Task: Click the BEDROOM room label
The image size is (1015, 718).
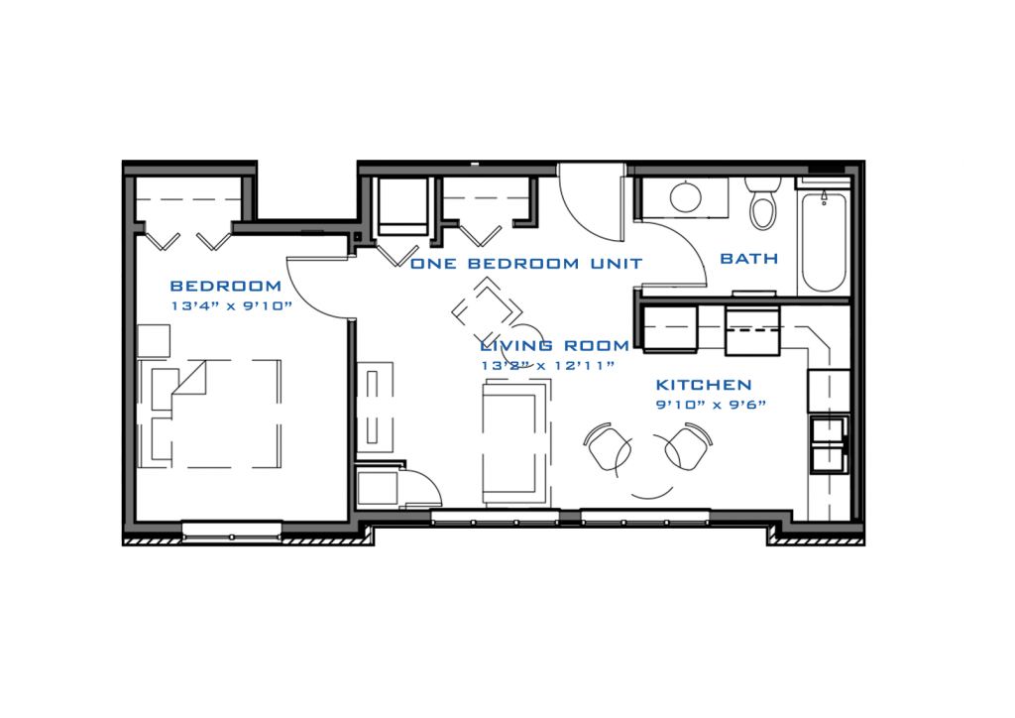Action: pyautogui.click(x=225, y=286)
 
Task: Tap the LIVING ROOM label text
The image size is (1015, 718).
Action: pyautogui.click(x=555, y=345)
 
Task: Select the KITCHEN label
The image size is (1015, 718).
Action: pyautogui.click(x=704, y=385)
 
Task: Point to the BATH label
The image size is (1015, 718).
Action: pyautogui.click(x=749, y=258)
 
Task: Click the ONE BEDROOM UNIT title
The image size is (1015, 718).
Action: pyautogui.click(x=526, y=264)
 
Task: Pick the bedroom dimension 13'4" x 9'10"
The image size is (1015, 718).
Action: pyautogui.click(x=232, y=305)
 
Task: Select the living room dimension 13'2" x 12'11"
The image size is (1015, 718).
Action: pyautogui.click(x=547, y=365)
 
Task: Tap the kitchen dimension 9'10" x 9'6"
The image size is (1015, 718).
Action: pyautogui.click(x=711, y=405)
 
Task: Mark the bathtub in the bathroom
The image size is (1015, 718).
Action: pyautogui.click(x=824, y=242)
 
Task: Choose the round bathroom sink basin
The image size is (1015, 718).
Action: pyautogui.click(x=686, y=196)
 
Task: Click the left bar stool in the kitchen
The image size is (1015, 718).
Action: pyautogui.click(x=608, y=447)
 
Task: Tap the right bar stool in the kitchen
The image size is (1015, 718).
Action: pyautogui.click(x=688, y=446)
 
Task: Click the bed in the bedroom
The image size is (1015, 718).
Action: pyautogui.click(x=210, y=414)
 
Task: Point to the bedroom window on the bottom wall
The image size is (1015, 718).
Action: pyautogui.click(x=232, y=531)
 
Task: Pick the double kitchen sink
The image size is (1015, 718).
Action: pyautogui.click(x=829, y=444)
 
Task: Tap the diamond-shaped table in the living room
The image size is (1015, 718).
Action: pyautogui.click(x=487, y=310)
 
